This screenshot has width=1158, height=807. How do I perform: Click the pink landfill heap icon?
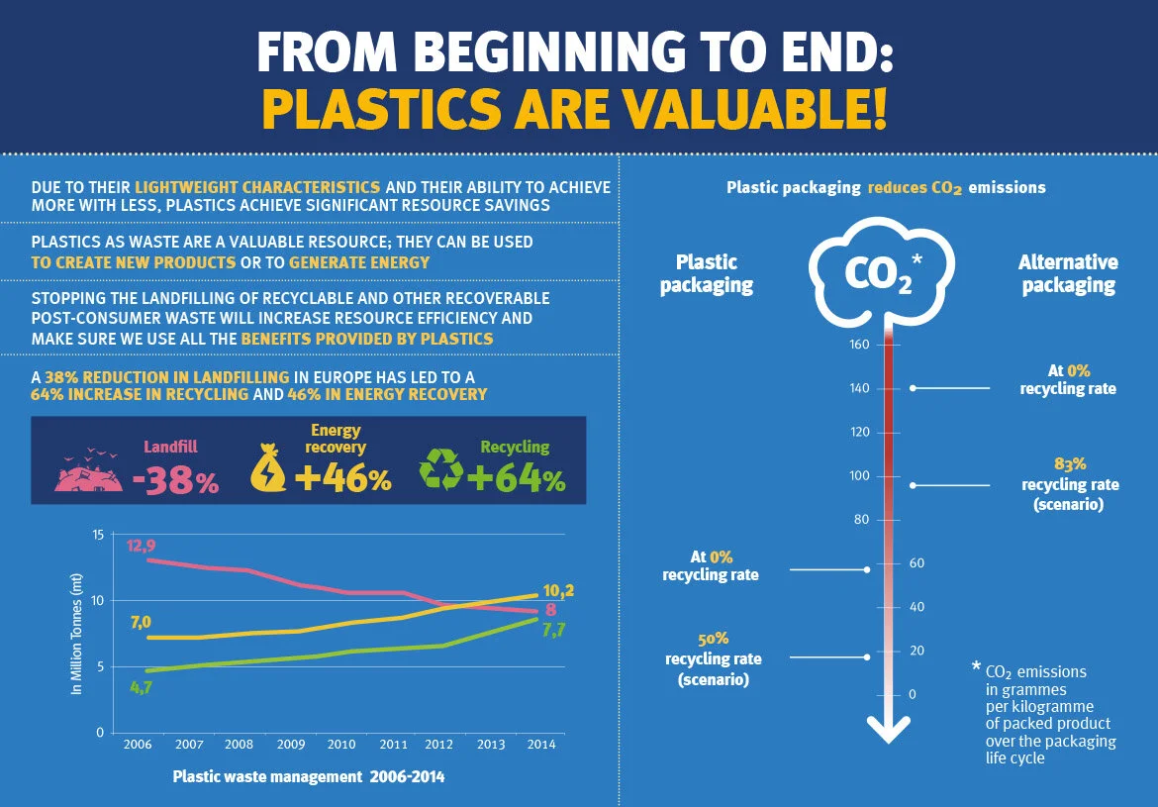[88, 472]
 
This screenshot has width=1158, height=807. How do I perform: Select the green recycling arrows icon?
[441, 468]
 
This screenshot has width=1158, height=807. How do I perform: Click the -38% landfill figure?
[175, 481]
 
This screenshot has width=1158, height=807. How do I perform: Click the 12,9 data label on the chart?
[141, 546]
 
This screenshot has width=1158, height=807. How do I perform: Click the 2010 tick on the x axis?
[341, 744]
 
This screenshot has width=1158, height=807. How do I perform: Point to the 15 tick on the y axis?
[97, 535]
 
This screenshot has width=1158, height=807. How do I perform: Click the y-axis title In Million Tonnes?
[76, 634]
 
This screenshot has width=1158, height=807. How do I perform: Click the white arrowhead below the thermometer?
[888, 729]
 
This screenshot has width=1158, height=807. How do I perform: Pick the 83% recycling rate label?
[1069, 483]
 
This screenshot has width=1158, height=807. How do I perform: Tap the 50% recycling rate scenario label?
[713, 658]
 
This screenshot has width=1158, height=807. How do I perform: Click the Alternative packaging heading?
[1068, 273]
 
